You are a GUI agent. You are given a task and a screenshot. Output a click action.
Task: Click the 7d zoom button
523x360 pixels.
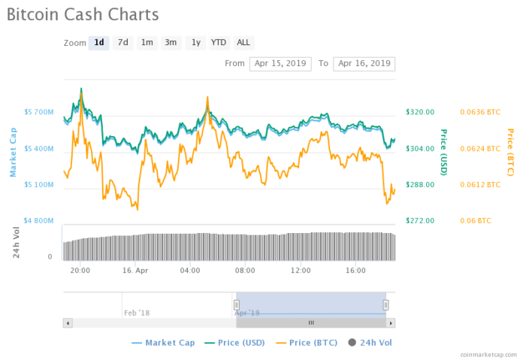pyautogui.click(x=122, y=43)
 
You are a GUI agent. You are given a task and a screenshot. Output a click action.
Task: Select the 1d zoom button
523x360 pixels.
pyautogui.click(x=98, y=43)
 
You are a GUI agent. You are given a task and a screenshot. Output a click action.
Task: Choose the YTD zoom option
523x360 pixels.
pyautogui.click(x=219, y=43)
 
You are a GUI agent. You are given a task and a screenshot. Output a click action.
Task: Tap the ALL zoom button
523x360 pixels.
pyautogui.click(x=243, y=43)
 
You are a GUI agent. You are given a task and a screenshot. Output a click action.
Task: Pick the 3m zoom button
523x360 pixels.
pyautogui.click(x=171, y=43)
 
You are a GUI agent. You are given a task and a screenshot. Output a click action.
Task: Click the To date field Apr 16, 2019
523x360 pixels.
pyautogui.click(x=364, y=64)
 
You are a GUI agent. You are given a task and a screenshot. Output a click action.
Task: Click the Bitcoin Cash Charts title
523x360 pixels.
pyautogui.click(x=83, y=14)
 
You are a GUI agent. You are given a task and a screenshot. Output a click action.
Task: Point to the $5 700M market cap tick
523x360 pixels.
pyautogui.click(x=38, y=112)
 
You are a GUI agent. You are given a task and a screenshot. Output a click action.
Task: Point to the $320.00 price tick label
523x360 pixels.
pyautogui.click(x=420, y=112)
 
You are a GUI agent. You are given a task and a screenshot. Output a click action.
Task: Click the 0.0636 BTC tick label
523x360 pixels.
pyautogui.click(x=479, y=112)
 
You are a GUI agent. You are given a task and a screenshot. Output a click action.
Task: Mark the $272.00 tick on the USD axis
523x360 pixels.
pyautogui.click(x=420, y=221)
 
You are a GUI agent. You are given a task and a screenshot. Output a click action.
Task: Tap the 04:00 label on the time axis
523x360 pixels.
pyautogui.click(x=189, y=270)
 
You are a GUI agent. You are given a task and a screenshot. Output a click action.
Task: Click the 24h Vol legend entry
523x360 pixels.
pyautogui.click(x=372, y=343)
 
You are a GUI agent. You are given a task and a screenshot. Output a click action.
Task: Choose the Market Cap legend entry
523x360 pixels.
pyautogui.click(x=163, y=343)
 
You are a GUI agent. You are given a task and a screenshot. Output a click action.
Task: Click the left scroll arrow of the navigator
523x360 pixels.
pyautogui.click(x=68, y=322)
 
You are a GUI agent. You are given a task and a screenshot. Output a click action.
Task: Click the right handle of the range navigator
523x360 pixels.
pyautogui.click(x=385, y=304)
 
